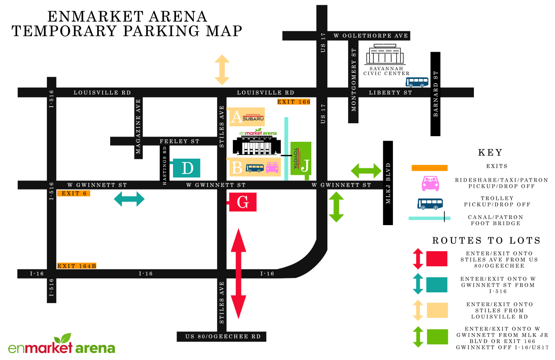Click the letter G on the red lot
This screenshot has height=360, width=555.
[243, 203]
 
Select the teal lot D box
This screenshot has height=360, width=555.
[187, 168]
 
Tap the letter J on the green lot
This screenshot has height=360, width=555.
[306, 166]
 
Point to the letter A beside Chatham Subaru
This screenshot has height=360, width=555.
[236, 117]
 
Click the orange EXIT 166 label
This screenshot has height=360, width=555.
[294, 102]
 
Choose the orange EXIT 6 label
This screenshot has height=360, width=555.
[73, 193]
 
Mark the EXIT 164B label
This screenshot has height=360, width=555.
[76, 265]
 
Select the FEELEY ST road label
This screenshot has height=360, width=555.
[180, 141]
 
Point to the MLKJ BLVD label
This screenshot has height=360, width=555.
[388, 183]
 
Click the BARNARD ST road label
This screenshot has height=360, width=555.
[435, 94]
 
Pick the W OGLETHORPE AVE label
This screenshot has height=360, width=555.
[371, 36]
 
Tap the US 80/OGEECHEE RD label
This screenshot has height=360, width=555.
[222, 337]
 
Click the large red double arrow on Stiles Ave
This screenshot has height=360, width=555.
[238, 273]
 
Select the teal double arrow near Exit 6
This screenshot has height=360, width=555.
[129, 200]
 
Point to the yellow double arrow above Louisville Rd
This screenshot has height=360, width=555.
[222, 70]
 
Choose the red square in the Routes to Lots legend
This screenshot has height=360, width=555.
[437, 259]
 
